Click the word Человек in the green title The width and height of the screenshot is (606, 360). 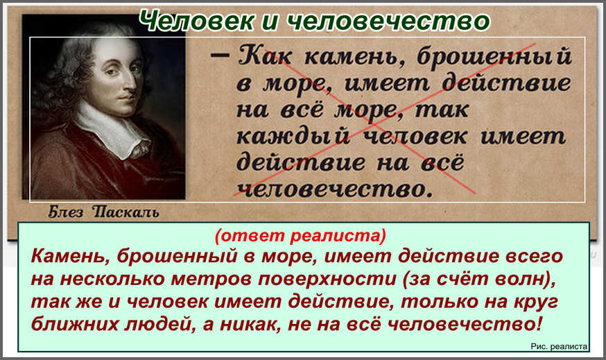click(196, 21)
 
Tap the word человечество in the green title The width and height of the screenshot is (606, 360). click(388, 21)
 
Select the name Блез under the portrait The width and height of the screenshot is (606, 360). click(65, 212)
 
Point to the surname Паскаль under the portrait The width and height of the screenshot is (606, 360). click(125, 212)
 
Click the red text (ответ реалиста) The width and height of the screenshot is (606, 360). click(300, 235)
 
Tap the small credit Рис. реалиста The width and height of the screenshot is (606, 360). click(559, 346)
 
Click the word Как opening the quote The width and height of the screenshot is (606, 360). click(265, 56)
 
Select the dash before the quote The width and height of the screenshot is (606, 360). click(220, 55)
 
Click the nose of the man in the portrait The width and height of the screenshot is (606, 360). click(132, 83)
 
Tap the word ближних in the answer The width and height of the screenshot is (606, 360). click(75, 324)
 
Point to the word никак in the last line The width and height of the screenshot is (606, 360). click(248, 325)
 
